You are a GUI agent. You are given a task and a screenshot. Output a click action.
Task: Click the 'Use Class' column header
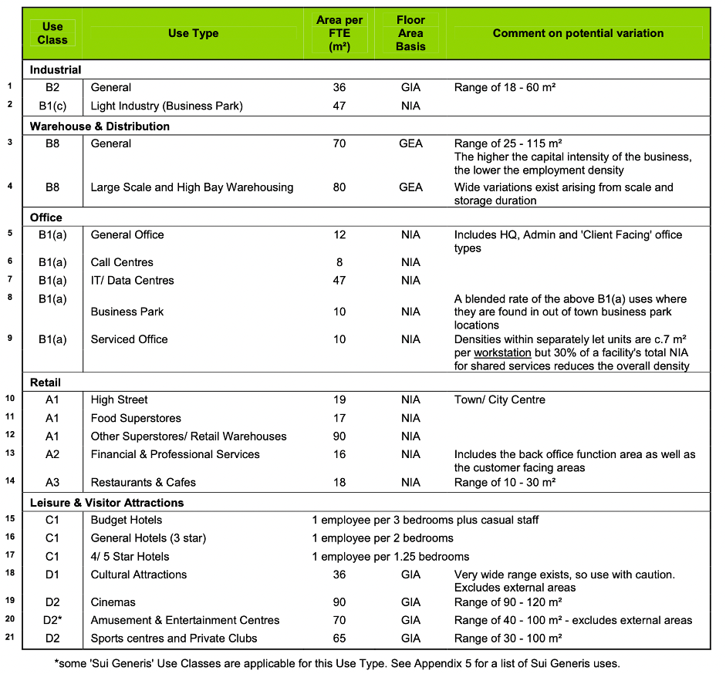(x=52, y=33)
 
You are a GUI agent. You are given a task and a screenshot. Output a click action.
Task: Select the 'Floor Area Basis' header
(x=410, y=33)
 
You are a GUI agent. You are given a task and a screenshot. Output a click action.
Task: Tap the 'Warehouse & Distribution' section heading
(x=100, y=126)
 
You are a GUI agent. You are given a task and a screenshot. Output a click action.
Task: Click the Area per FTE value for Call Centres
(x=339, y=262)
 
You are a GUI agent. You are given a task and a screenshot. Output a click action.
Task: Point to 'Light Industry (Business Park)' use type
(x=167, y=106)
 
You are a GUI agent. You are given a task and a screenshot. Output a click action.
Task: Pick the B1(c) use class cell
(x=52, y=106)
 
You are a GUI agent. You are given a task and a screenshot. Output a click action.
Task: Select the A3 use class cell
(x=52, y=482)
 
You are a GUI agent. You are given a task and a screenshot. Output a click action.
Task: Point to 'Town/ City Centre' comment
(x=499, y=399)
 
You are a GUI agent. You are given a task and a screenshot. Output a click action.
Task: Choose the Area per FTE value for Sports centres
(x=339, y=638)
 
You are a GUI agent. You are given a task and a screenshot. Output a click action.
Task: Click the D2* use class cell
(x=53, y=620)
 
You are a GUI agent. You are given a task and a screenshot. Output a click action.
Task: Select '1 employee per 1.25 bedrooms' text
(x=390, y=556)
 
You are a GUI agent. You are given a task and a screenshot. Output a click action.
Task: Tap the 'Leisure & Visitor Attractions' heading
(x=106, y=503)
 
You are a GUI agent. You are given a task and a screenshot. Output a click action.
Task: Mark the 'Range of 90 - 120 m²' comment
(x=508, y=602)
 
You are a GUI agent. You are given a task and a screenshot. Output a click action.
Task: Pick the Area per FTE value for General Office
(x=339, y=234)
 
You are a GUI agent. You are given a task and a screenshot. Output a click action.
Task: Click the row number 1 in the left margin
(x=10, y=86)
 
